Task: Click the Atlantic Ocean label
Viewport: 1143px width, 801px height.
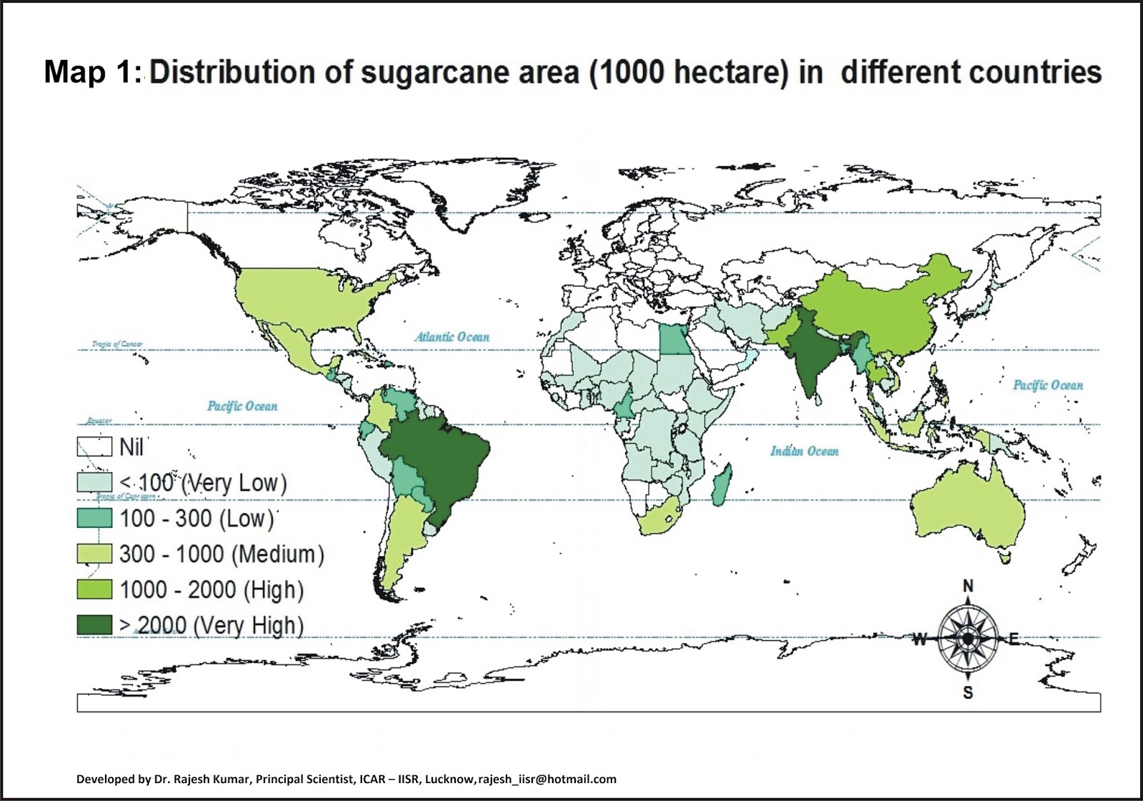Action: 452,337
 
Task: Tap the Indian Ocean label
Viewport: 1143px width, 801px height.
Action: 804,451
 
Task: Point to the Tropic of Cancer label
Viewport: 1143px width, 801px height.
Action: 117,344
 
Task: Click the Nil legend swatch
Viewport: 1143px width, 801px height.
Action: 94,447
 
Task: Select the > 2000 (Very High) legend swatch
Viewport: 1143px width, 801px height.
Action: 94,625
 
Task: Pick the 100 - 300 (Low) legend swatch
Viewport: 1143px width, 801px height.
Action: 94,518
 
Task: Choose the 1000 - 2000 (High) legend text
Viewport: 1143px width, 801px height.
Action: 211,590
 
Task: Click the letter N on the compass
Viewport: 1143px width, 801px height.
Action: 968,586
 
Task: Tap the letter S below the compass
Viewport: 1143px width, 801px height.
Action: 968,692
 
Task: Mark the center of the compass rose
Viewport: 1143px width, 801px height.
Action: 967,638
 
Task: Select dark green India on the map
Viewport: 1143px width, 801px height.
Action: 811,354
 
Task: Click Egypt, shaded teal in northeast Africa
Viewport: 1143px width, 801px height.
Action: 670,339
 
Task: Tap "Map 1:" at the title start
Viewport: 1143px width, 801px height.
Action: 94,73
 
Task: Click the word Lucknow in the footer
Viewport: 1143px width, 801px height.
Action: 449,779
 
